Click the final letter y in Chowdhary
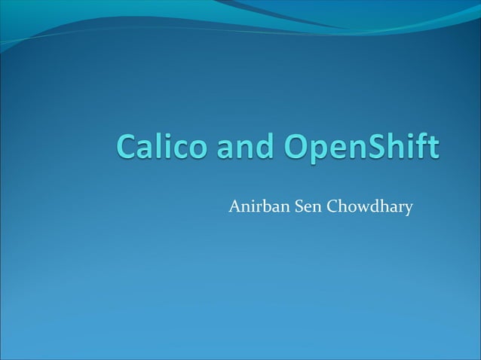[409, 209]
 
